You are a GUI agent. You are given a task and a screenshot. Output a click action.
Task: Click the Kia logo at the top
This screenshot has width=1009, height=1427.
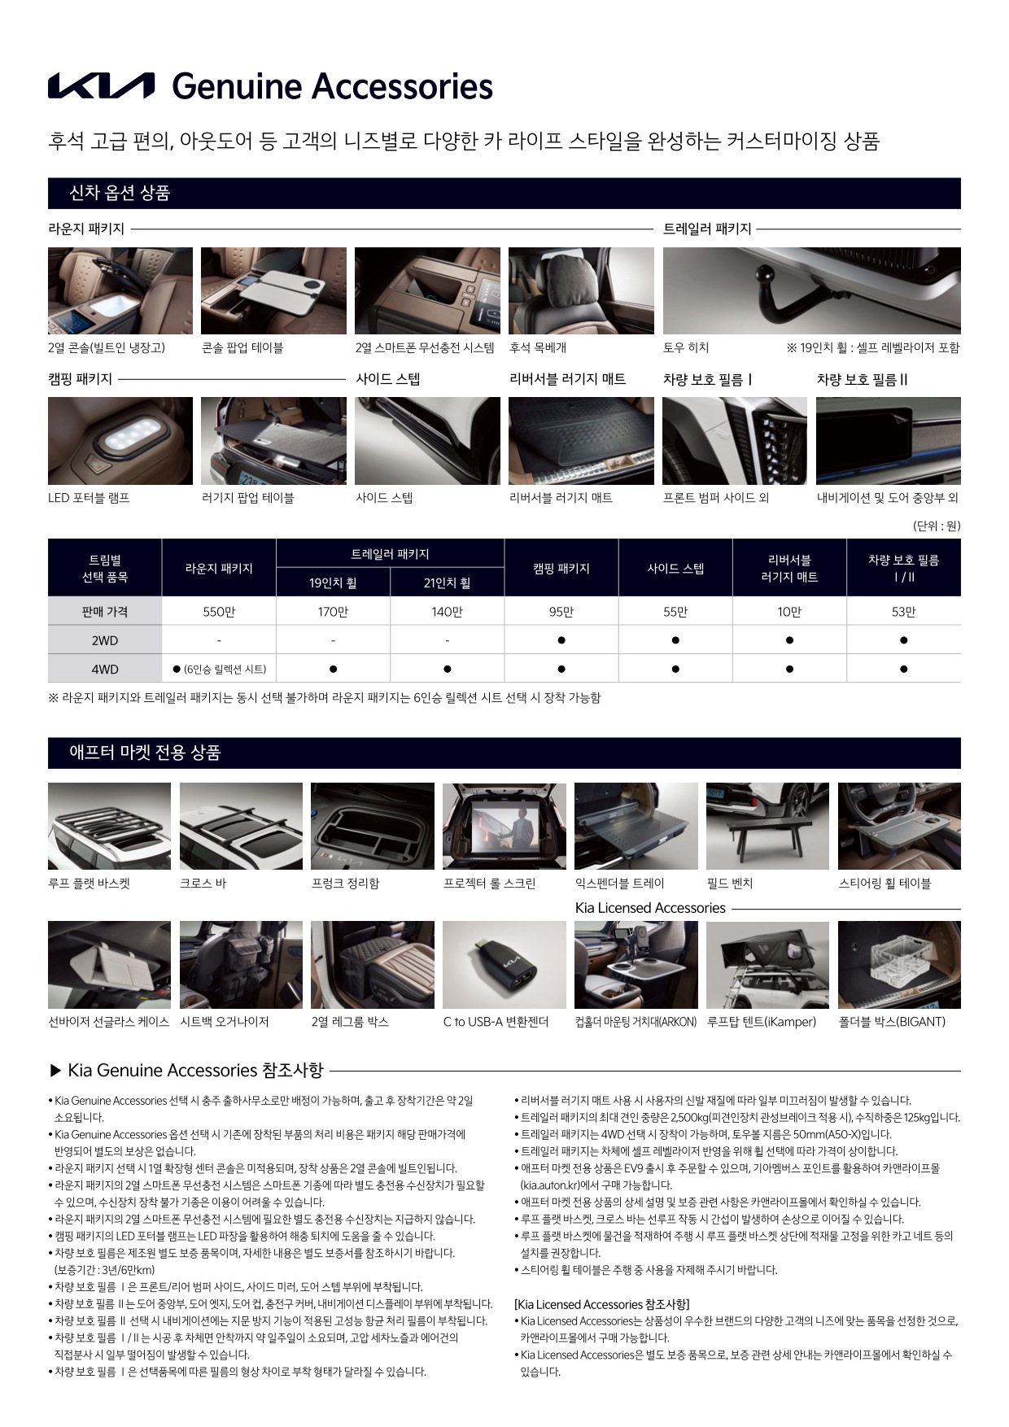101,86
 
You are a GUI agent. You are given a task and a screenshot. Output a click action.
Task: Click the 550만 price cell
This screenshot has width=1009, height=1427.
219,612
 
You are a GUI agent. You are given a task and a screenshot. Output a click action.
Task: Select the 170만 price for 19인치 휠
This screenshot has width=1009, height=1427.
333,612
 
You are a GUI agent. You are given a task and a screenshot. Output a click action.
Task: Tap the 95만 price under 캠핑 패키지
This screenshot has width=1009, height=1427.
561,612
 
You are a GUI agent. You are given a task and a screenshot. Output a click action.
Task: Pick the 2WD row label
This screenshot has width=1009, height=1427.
105,640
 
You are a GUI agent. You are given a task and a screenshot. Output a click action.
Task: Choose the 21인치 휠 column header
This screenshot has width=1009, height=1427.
447,583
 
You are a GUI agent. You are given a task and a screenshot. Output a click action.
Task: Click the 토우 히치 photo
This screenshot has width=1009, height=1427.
811,290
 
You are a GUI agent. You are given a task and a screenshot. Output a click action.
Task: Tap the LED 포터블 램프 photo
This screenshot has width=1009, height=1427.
120,441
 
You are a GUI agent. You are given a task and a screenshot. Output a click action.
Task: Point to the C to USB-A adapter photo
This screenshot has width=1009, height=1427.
504,965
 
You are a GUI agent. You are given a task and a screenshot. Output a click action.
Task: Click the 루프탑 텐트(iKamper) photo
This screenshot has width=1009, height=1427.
767,965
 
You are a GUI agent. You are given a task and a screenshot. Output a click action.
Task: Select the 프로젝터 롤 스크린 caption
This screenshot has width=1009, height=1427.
489,884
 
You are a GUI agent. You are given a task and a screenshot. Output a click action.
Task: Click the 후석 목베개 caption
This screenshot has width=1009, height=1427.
538,347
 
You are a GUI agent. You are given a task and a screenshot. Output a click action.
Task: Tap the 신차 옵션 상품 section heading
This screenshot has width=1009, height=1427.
120,194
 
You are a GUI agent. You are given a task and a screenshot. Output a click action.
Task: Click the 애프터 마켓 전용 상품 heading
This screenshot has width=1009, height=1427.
146,753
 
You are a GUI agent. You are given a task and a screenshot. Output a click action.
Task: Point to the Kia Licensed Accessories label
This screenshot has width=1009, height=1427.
650,908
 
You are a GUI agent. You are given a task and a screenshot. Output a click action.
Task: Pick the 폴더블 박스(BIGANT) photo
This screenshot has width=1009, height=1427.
899,965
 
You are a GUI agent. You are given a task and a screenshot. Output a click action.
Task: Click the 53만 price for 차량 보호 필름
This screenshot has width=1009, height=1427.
903,612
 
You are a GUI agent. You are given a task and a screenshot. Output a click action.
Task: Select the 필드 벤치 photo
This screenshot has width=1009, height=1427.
767,827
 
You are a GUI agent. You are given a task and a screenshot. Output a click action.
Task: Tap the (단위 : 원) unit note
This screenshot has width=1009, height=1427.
937,526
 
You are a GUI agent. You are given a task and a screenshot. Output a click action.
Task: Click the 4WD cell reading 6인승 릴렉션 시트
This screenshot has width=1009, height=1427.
219,670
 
